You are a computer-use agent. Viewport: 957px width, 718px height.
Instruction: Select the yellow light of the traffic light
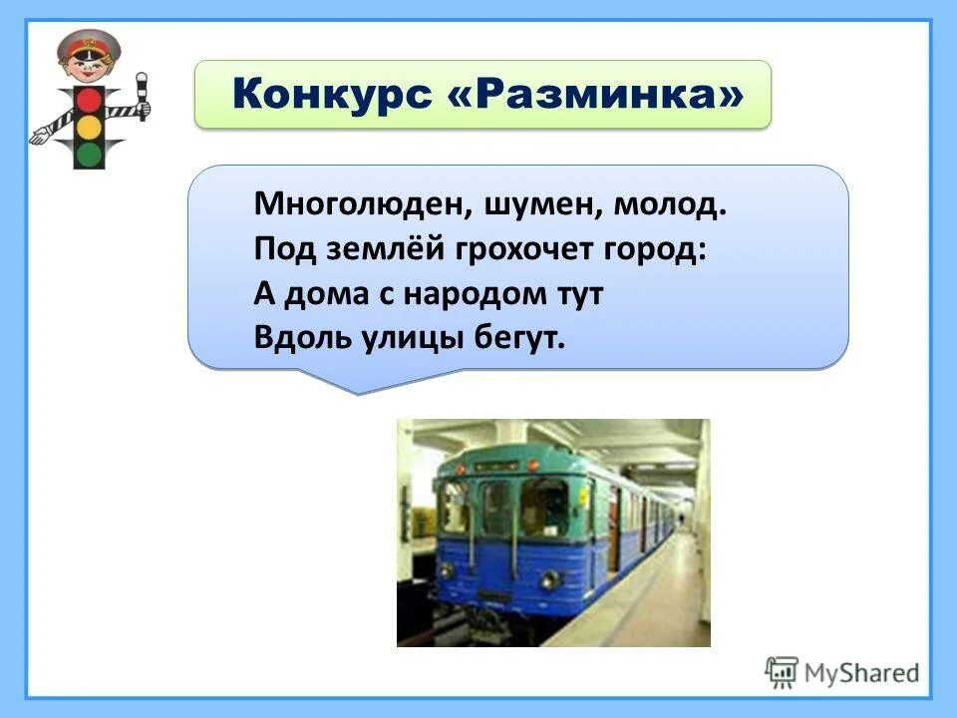point(90,127)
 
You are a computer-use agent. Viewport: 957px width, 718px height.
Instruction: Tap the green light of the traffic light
point(90,154)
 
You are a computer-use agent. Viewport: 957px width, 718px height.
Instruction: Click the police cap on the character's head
point(89,44)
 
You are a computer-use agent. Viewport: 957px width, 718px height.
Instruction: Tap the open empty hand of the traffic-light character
point(40,135)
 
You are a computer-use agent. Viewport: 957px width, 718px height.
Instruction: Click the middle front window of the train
point(495,508)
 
